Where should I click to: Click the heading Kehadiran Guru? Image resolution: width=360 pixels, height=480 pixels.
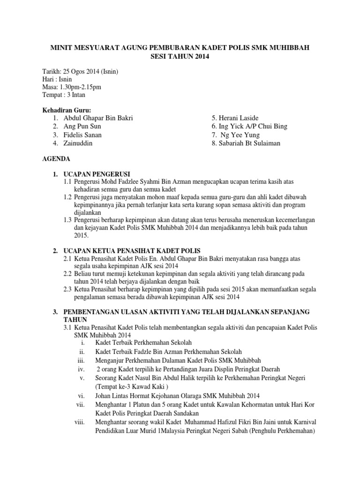[x=66, y=110]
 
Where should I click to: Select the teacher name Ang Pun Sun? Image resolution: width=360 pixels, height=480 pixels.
[x=82, y=127]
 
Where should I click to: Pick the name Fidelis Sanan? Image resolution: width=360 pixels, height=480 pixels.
[x=82, y=135]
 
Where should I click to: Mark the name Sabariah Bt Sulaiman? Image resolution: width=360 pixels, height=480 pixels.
[x=248, y=143]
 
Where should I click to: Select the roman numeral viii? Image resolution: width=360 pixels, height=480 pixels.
[x=79, y=422]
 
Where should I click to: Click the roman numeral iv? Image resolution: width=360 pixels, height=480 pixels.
[x=80, y=369]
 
